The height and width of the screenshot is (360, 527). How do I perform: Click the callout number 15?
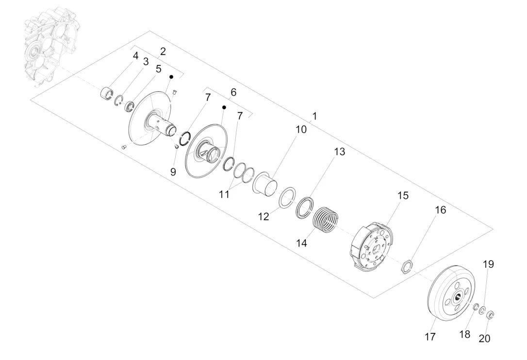click(x=403, y=196)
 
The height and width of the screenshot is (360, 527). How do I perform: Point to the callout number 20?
click(x=484, y=339)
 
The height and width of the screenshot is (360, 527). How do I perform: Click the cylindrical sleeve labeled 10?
click(x=265, y=184)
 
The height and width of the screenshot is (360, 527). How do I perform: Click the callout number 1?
click(x=314, y=116)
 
